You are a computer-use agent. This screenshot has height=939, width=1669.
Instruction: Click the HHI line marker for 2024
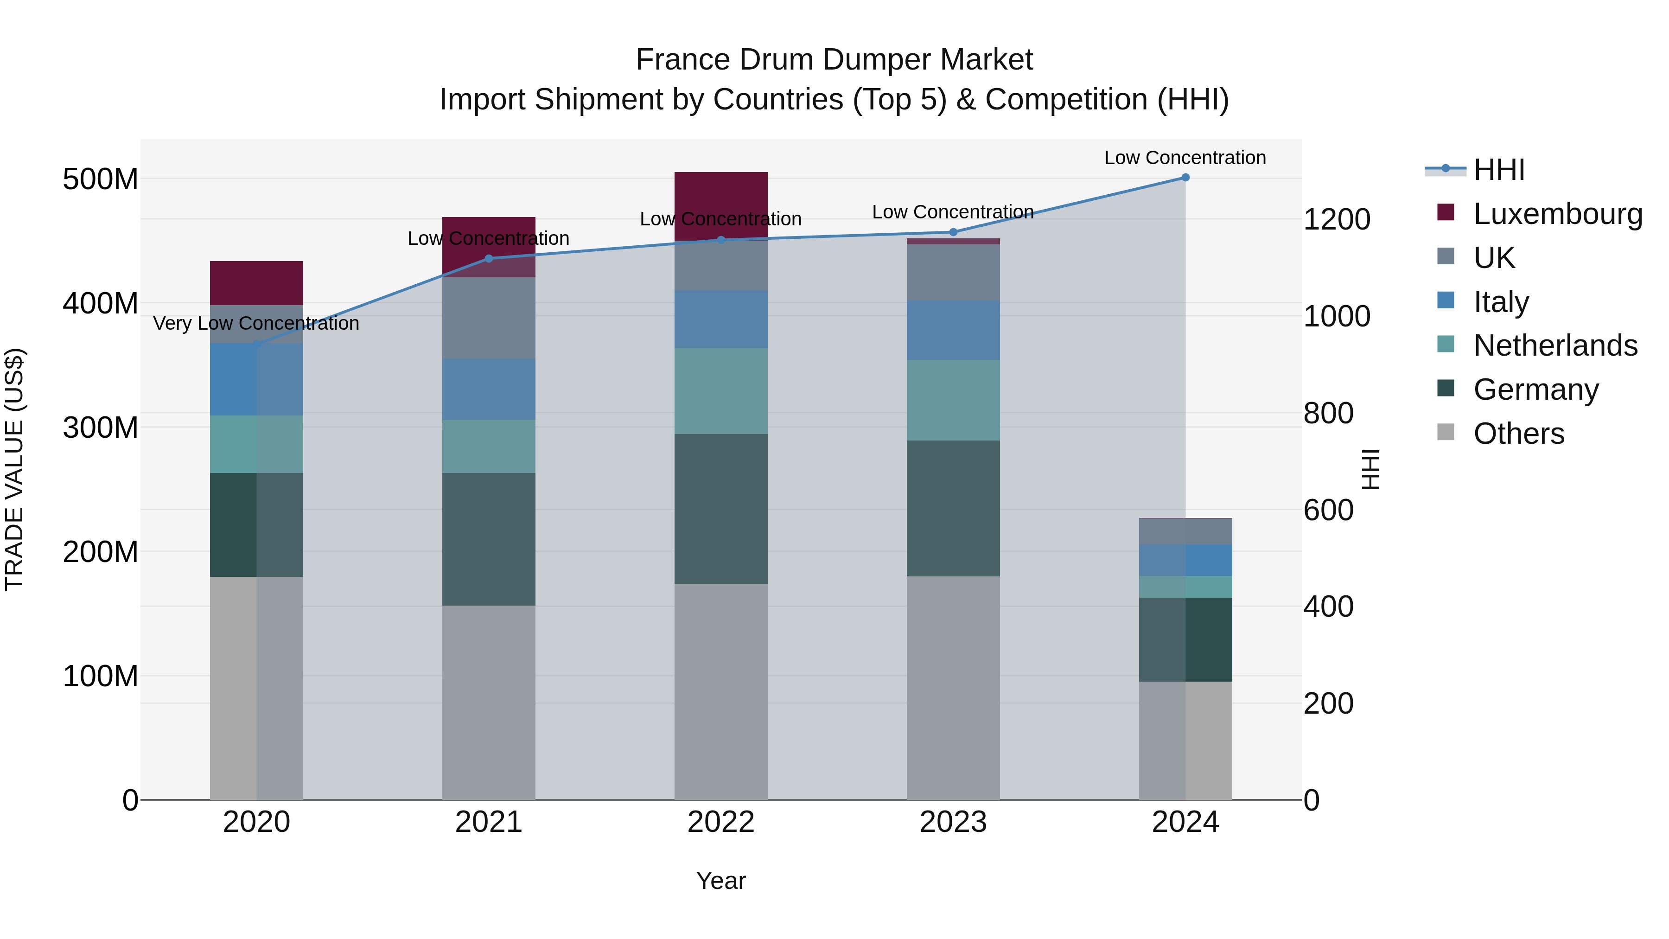[1185, 178]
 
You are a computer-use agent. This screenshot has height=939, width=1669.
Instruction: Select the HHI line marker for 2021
[489, 259]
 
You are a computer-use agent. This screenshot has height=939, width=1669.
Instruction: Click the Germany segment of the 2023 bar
[953, 508]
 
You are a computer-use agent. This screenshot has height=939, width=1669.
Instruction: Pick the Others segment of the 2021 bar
[489, 703]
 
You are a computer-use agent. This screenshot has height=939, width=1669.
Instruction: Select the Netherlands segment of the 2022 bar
[720, 391]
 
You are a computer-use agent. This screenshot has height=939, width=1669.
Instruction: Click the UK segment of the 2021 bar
[489, 318]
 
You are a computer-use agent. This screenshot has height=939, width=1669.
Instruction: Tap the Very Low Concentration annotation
[256, 323]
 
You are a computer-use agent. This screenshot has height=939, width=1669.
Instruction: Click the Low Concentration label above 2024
[1185, 158]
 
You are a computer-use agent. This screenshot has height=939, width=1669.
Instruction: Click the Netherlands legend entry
[1555, 345]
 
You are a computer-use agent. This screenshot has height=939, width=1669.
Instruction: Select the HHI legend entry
[1498, 170]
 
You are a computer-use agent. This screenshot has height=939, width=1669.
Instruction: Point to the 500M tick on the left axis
[101, 179]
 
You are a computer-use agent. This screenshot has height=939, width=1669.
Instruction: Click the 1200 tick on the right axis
[1336, 220]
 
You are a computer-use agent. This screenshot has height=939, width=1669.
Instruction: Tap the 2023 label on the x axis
[953, 822]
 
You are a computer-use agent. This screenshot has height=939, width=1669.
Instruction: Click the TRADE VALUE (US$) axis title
[14, 469]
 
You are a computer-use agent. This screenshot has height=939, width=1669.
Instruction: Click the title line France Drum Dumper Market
[834, 60]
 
